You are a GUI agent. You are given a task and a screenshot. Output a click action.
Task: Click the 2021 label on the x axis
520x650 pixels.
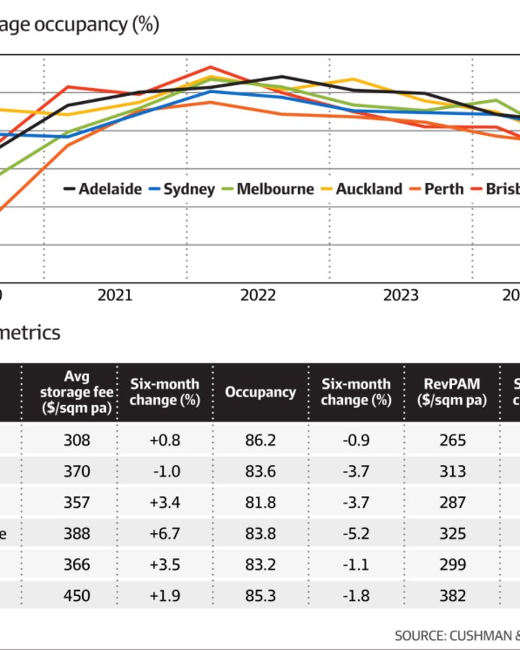pos(115,295)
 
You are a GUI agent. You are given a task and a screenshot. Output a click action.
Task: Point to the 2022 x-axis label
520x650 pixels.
pos(258,295)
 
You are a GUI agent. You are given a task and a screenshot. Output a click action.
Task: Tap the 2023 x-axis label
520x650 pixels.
pos(401,295)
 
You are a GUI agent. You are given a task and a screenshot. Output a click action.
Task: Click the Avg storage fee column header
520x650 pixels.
pos(76,392)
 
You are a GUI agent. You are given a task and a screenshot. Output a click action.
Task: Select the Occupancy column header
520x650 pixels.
pos(261,392)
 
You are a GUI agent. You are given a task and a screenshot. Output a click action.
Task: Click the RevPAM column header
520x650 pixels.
pos(452,392)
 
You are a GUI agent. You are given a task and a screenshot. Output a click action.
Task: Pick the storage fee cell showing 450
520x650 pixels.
pos(77,596)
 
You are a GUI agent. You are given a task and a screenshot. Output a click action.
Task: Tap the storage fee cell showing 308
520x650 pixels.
pos(77,440)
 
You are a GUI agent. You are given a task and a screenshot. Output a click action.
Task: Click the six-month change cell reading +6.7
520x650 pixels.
pos(164,534)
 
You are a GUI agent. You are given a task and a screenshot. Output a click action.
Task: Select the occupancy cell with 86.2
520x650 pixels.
pos(261,440)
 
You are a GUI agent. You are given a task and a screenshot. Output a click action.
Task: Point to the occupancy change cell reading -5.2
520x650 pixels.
pos(355,534)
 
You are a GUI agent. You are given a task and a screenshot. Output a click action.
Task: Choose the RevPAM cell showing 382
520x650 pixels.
pos(452,596)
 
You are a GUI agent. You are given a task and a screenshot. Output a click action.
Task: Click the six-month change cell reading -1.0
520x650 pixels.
pos(164,471)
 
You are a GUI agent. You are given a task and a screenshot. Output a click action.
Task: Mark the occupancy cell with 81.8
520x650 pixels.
pos(261,502)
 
